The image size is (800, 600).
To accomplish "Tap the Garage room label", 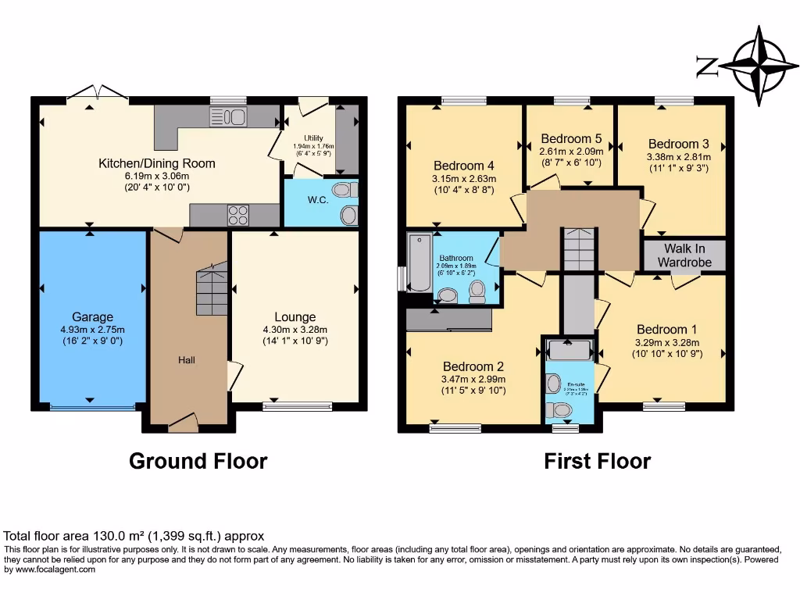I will click(93, 317).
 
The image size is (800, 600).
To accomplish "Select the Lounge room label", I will click(295, 317).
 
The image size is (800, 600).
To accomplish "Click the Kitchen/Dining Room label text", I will click(156, 163).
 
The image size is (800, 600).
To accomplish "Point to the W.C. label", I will click(317, 199).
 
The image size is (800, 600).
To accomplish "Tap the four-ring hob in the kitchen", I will click(238, 215).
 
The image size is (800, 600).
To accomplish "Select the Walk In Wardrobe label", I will click(684, 255).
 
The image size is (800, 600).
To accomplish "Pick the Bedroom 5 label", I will click(571, 139).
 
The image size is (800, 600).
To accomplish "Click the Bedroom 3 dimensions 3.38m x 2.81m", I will click(678, 157).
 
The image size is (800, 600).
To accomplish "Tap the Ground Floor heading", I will click(198, 461).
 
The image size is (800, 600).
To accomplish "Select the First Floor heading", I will click(598, 461).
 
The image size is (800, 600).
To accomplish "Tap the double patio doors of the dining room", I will click(97, 95).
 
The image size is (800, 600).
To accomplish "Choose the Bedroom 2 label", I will click(473, 366).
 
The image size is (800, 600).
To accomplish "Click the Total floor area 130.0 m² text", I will click(134, 536).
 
